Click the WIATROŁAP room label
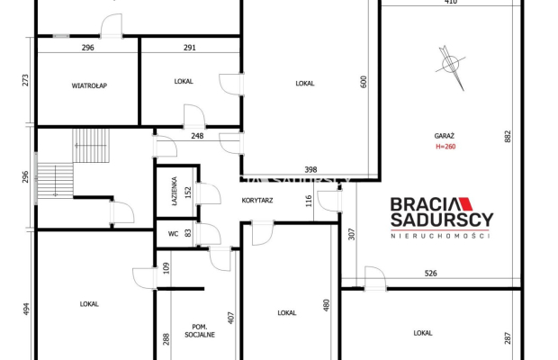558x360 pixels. (x=89, y=85)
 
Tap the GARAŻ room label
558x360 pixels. (x=444, y=136)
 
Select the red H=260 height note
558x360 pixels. (x=445, y=147)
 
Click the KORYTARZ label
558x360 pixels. (x=257, y=201)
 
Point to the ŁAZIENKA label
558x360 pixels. (x=175, y=192)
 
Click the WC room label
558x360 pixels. (x=174, y=234)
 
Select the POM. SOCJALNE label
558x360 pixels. (x=200, y=331)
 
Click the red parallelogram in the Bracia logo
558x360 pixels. (x=465, y=204)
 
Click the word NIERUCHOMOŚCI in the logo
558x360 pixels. (x=440, y=236)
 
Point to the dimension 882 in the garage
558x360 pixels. (x=508, y=137)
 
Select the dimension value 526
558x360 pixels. (x=430, y=274)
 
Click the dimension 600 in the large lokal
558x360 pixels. (x=364, y=82)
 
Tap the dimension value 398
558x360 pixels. (x=310, y=170)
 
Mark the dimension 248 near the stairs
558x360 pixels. (x=197, y=136)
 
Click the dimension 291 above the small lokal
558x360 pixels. (x=190, y=48)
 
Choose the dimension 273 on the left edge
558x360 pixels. (x=25, y=80)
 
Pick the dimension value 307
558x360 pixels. (x=352, y=234)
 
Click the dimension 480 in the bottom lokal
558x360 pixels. (x=327, y=305)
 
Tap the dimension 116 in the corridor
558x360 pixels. (x=309, y=201)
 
